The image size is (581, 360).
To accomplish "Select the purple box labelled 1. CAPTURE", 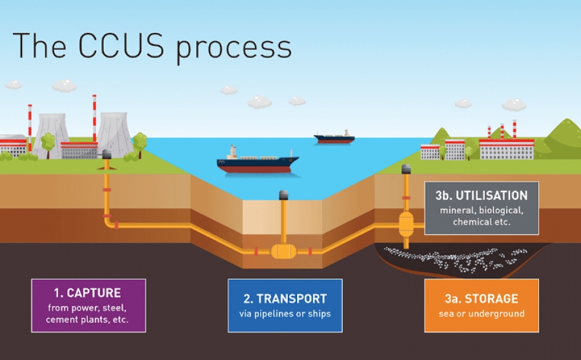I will [x=88, y=305].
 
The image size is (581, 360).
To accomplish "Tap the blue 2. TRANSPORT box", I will [x=285, y=305].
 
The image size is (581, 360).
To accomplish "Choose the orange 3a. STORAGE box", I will [x=481, y=305].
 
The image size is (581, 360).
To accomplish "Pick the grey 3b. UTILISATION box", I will [x=481, y=208].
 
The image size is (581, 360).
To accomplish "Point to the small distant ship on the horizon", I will [x=334, y=137].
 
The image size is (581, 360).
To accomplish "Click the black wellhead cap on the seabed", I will [x=283, y=195].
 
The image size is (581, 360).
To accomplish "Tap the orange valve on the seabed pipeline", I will [x=283, y=250].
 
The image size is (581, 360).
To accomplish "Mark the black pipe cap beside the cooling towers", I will [x=107, y=154].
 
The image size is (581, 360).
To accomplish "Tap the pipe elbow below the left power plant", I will [x=109, y=223].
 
